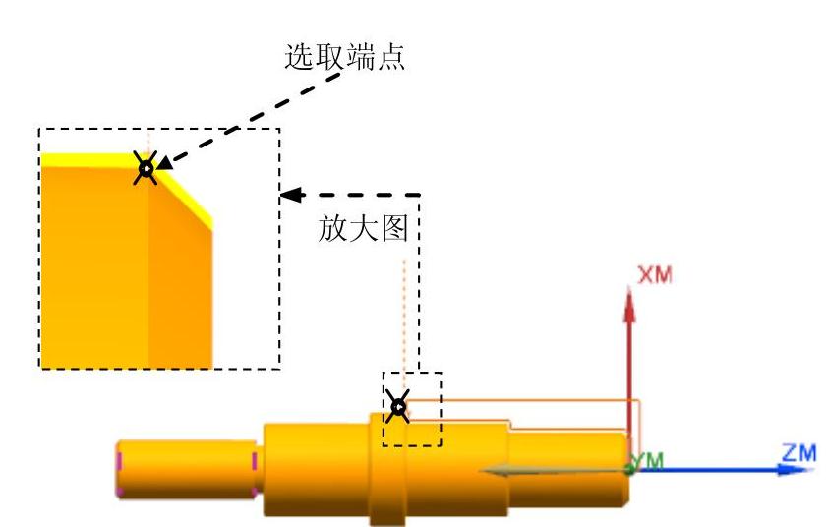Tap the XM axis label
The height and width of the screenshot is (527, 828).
655,276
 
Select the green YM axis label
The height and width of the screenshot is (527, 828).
649,461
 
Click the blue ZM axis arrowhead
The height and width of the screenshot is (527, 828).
783,469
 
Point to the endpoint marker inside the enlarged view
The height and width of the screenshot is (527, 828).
146,169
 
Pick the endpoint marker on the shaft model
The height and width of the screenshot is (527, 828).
397,405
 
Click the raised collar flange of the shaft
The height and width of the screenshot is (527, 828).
386,468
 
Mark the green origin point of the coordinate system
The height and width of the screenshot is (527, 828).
630,469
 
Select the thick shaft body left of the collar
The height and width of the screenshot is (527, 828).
315,467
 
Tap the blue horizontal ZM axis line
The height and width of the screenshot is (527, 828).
708,469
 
